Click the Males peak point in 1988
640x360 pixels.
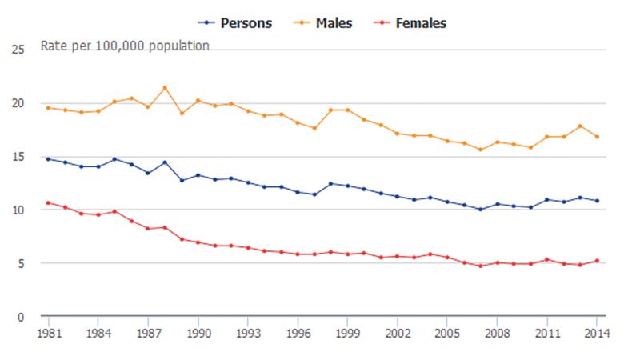click(x=165, y=88)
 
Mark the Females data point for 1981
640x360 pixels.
click(x=48, y=203)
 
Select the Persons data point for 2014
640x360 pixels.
click(x=597, y=201)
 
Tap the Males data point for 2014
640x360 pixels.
click(x=597, y=137)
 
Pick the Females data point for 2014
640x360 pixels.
click(x=597, y=261)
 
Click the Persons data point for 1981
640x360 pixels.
click(x=48, y=159)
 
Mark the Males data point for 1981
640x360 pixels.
click(x=48, y=108)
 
